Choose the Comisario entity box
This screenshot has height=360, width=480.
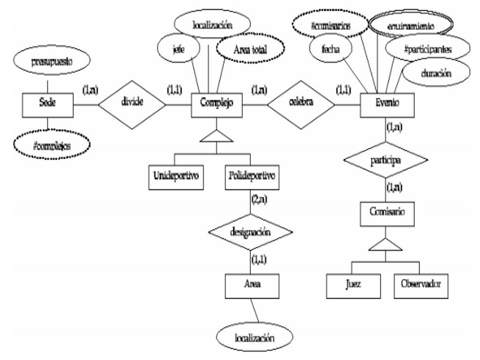coord(385,212)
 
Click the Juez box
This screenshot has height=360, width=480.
coord(353,283)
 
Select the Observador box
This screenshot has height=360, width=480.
coord(419,283)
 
